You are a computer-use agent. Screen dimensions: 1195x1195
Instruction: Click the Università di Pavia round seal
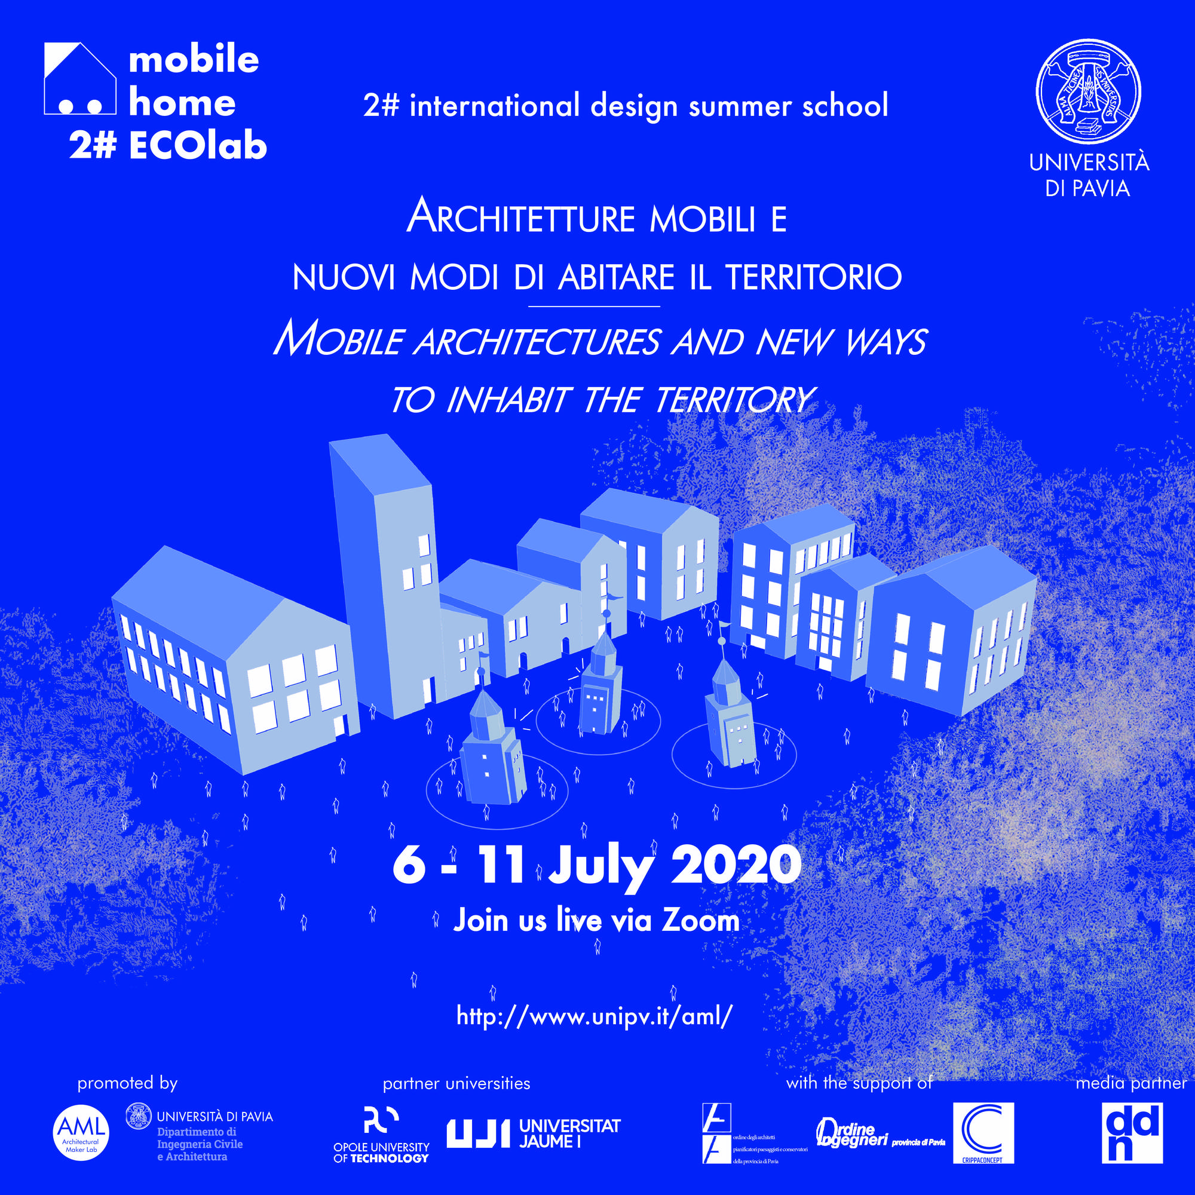1088,91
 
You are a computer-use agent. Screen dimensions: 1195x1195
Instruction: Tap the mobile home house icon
80,79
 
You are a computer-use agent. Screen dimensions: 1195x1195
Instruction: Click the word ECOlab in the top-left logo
198,147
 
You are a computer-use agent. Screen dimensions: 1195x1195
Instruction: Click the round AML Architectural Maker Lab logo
81,1133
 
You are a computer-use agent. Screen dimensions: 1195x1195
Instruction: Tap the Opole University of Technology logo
381,1135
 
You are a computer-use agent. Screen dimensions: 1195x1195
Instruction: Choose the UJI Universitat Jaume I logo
533,1134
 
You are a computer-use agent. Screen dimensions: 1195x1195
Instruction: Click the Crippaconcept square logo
983,1132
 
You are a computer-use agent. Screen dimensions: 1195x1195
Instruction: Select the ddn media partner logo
1132,1132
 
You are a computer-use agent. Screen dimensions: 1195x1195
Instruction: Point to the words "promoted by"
127,1083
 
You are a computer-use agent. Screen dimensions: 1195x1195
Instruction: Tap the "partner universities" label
456,1084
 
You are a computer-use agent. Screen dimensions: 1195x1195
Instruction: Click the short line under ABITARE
595,306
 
